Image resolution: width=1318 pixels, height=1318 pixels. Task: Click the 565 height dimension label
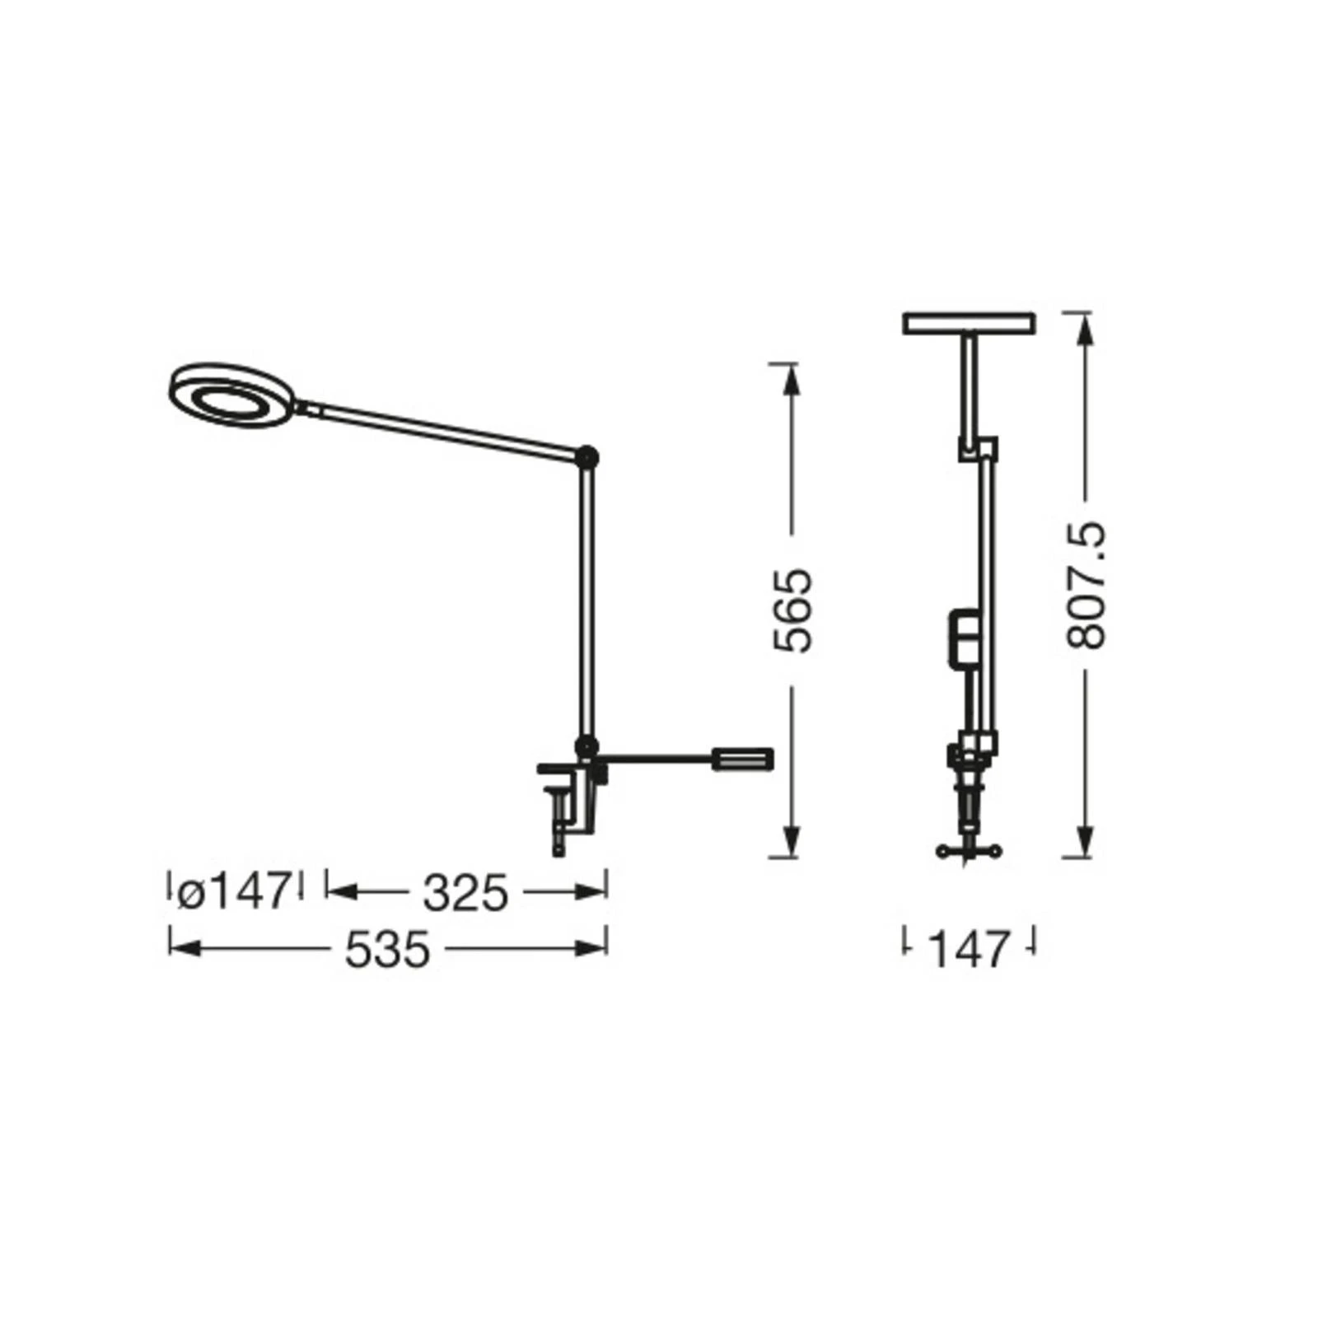click(x=794, y=610)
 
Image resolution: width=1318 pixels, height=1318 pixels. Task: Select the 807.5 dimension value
click(x=1086, y=586)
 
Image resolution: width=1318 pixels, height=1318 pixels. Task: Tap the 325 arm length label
click(x=465, y=893)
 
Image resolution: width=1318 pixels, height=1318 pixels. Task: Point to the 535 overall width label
click(x=387, y=949)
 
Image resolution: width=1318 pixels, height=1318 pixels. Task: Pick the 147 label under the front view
click(x=969, y=949)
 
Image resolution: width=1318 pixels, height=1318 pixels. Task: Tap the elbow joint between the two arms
click(x=587, y=456)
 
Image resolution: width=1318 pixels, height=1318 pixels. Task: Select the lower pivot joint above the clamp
click(x=586, y=747)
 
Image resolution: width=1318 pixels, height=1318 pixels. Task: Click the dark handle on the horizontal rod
click(x=743, y=758)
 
